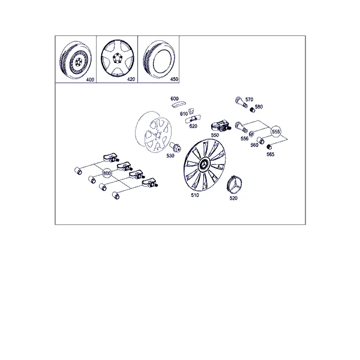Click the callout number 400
pyautogui.click(x=90, y=80)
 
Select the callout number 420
pyautogui.click(x=131, y=79)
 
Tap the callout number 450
pyautogui.click(x=174, y=79)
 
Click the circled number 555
pyautogui.click(x=276, y=131)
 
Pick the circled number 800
pyautogui.click(x=107, y=173)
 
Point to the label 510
pyautogui.click(x=195, y=195)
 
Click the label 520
pyautogui.click(x=233, y=198)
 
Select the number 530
pyautogui.click(x=170, y=155)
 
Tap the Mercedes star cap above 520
pyautogui.click(x=234, y=185)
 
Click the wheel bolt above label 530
pyautogui.click(x=175, y=147)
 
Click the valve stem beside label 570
pyautogui.click(x=241, y=102)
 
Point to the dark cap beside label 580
pyautogui.click(x=253, y=110)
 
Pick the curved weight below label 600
pyautogui.click(x=179, y=104)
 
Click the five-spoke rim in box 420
pyautogui.click(x=118, y=58)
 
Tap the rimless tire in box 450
pyautogui.click(x=158, y=59)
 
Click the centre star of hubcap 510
pyautogui.click(x=204, y=164)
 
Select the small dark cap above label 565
pyautogui.click(x=269, y=147)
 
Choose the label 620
pyautogui.click(x=193, y=126)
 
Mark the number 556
pyautogui.click(x=245, y=139)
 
